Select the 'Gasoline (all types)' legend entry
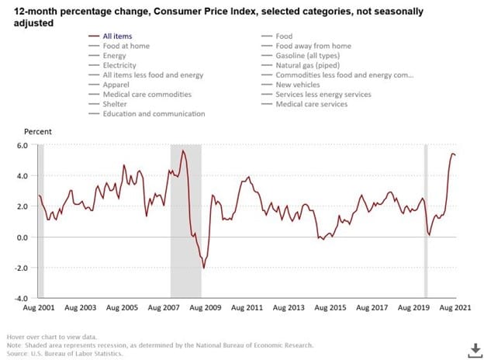pyautogui.click(x=309, y=56)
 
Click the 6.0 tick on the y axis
pyautogui.click(x=22, y=146)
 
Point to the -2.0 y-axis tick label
pyautogui.click(x=21, y=268)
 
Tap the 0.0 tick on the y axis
pyautogui.click(x=22, y=237)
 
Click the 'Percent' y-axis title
pyautogui.click(x=37, y=132)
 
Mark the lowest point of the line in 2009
pyautogui.click(x=204, y=268)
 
